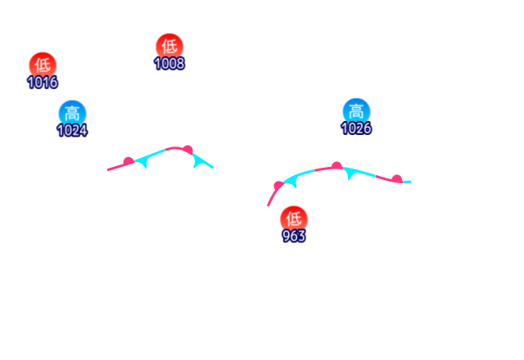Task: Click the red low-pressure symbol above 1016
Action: [42, 65]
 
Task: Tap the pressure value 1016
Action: [42, 82]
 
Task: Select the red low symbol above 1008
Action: [169, 46]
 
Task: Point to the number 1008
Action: [169, 63]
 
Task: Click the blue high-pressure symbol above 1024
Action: [71, 113]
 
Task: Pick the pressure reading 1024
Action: [71, 130]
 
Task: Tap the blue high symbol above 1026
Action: [355, 111]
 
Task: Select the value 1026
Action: [355, 128]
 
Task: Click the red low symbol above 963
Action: [293, 218]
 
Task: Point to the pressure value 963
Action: [293, 236]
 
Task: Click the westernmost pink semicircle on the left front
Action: [128, 161]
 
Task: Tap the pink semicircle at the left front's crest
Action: [187, 150]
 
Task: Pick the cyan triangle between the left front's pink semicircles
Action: [146, 161]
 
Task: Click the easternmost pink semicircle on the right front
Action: [396, 178]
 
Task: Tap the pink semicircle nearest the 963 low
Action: [278, 186]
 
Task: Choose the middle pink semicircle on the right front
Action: [336, 166]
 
